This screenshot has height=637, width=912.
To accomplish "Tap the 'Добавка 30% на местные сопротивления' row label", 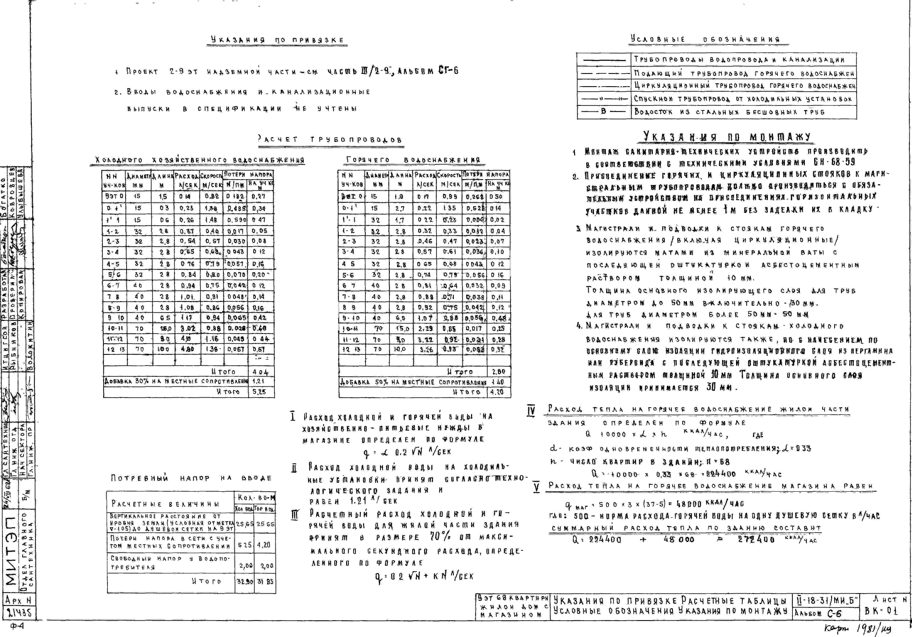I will (x=176, y=381).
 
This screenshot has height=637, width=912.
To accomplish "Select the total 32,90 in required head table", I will (x=245, y=581).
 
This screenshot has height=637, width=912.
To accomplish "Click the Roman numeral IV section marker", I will (x=531, y=411).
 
